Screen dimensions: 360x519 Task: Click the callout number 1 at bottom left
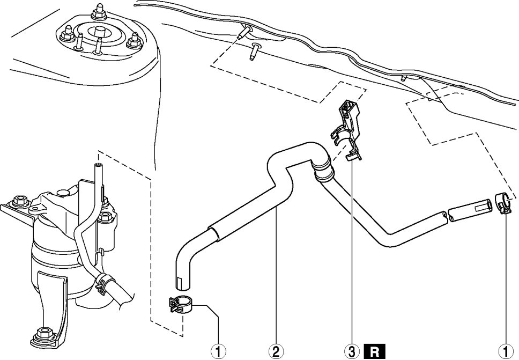(x=218, y=351)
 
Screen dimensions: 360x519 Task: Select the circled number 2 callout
(x=276, y=351)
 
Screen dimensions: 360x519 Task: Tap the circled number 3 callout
(x=352, y=351)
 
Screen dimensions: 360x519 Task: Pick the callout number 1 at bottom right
(x=504, y=351)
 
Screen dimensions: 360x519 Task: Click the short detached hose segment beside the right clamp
(x=470, y=210)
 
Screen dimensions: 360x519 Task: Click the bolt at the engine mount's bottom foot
(x=41, y=336)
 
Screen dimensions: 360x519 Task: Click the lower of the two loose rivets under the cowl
(x=254, y=53)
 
